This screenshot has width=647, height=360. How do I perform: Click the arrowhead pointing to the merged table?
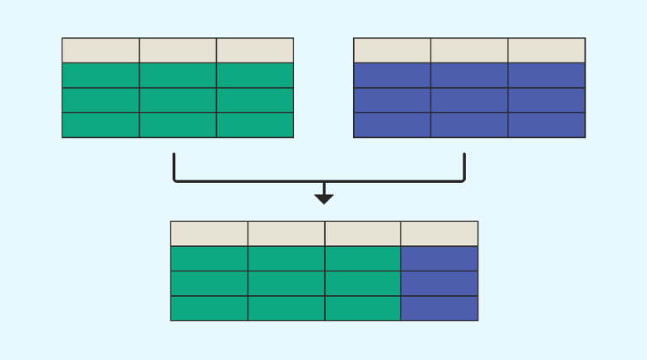tap(323, 199)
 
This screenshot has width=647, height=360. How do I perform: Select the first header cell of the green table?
tap(100, 50)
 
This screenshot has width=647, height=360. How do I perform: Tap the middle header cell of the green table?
tap(178, 50)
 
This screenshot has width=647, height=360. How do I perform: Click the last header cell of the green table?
tap(255, 50)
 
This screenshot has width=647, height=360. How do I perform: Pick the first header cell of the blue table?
tap(392, 50)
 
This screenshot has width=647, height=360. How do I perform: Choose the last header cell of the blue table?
tap(547, 50)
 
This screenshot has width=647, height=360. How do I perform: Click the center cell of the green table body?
tap(178, 100)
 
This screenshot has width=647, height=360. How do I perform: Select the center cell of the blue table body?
tap(469, 100)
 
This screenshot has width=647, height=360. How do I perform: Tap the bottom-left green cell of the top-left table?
tap(100, 125)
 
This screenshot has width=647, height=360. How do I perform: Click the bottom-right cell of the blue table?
tap(547, 125)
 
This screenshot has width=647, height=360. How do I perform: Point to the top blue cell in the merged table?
tap(439, 258)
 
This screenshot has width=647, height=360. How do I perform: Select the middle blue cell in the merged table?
tap(439, 283)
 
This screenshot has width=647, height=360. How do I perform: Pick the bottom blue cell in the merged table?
tap(439, 308)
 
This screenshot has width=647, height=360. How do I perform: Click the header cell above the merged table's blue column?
tap(439, 234)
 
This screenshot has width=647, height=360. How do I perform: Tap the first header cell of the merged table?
tap(209, 234)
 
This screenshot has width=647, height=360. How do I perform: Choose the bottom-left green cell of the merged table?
tap(209, 308)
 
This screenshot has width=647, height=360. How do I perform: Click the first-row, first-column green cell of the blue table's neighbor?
tap(100, 75)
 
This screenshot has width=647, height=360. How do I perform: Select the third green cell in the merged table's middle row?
tap(362, 283)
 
